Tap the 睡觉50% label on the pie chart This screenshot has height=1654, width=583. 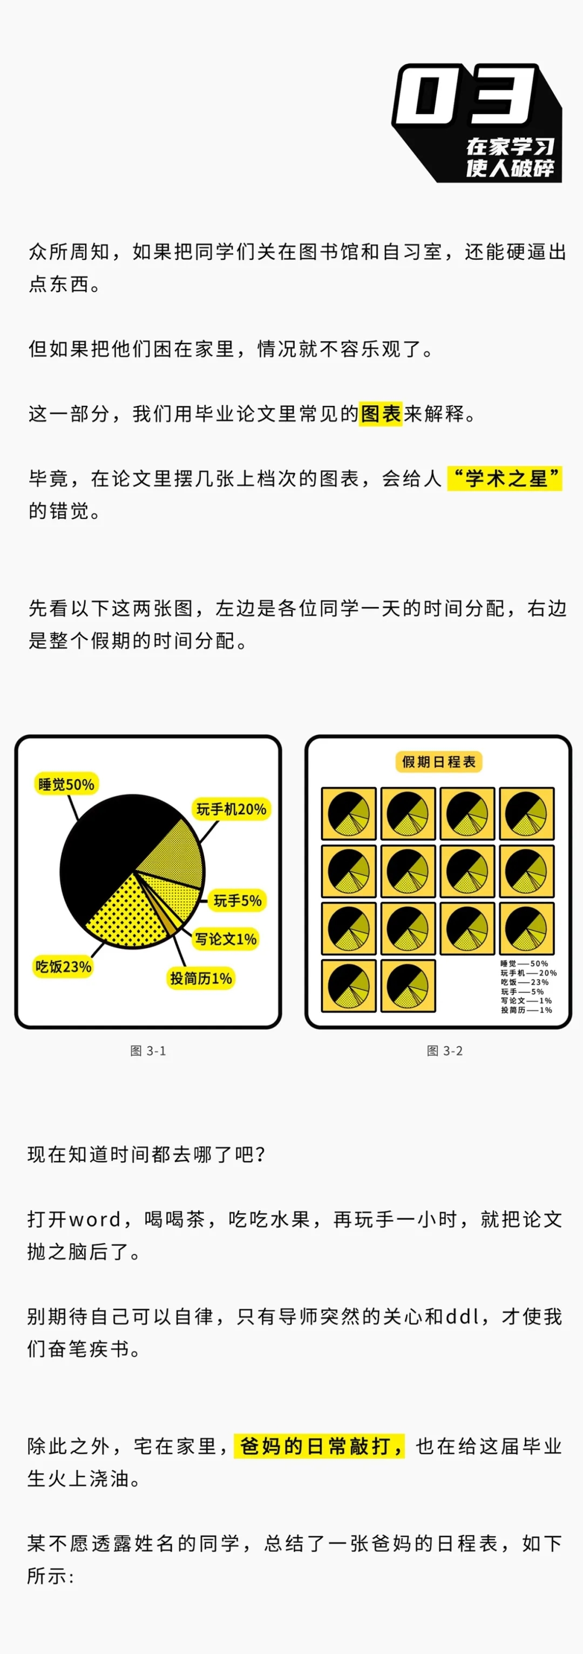[x=66, y=784]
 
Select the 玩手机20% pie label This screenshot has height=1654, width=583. [x=231, y=809]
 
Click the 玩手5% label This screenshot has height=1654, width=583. [x=238, y=901]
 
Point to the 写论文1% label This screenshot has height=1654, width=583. [x=226, y=939]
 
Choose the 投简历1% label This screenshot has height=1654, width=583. [x=201, y=979]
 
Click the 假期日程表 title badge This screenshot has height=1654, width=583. [x=439, y=761]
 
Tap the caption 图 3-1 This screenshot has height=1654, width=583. [x=148, y=1050]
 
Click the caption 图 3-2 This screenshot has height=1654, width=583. [x=444, y=1050]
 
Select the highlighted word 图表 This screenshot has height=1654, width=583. [x=381, y=413]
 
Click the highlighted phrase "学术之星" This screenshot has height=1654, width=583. [x=505, y=478]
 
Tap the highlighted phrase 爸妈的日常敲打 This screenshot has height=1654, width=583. [x=318, y=1446]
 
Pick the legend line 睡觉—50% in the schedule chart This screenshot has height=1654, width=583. [x=524, y=963]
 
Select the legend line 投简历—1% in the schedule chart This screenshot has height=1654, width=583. [x=526, y=1010]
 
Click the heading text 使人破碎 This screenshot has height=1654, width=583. [x=511, y=168]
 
